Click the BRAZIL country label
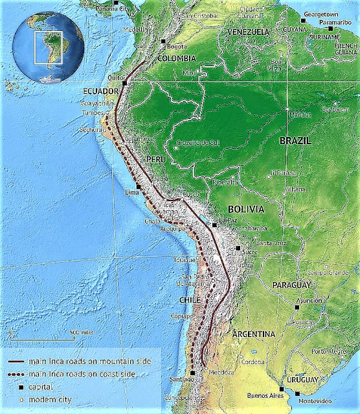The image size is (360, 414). pyautogui.click(x=295, y=140)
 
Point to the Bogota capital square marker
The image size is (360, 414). pyautogui.click(x=163, y=41)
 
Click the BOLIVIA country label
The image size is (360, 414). pyautogui.click(x=246, y=210)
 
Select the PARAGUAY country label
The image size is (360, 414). pyautogui.click(x=293, y=285)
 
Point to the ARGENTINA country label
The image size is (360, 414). pyautogui.click(x=254, y=334)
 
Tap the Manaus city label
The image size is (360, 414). pyautogui.click(x=300, y=114)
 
